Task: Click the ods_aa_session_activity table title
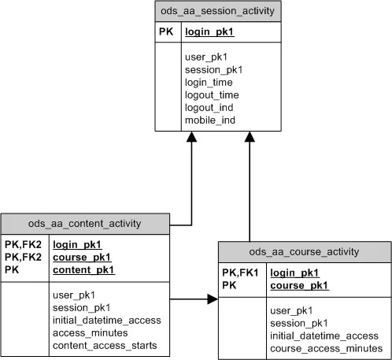coord(218,12)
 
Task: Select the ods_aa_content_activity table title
coord(85,223)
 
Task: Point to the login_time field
coord(209,82)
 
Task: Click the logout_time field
coord(212,95)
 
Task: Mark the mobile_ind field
coord(209,120)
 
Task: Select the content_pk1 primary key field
coord(83,270)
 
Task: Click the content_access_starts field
coord(105,345)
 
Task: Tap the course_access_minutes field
coord(325,349)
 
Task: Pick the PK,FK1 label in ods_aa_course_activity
coord(240,273)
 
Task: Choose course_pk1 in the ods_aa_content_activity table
coord(82,258)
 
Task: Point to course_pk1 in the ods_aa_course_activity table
coord(299,285)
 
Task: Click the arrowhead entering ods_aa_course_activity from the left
coord(213,299)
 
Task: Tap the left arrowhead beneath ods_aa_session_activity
coord(190,138)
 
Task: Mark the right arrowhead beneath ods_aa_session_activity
coord(250,138)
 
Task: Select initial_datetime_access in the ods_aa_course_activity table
coord(324,336)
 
